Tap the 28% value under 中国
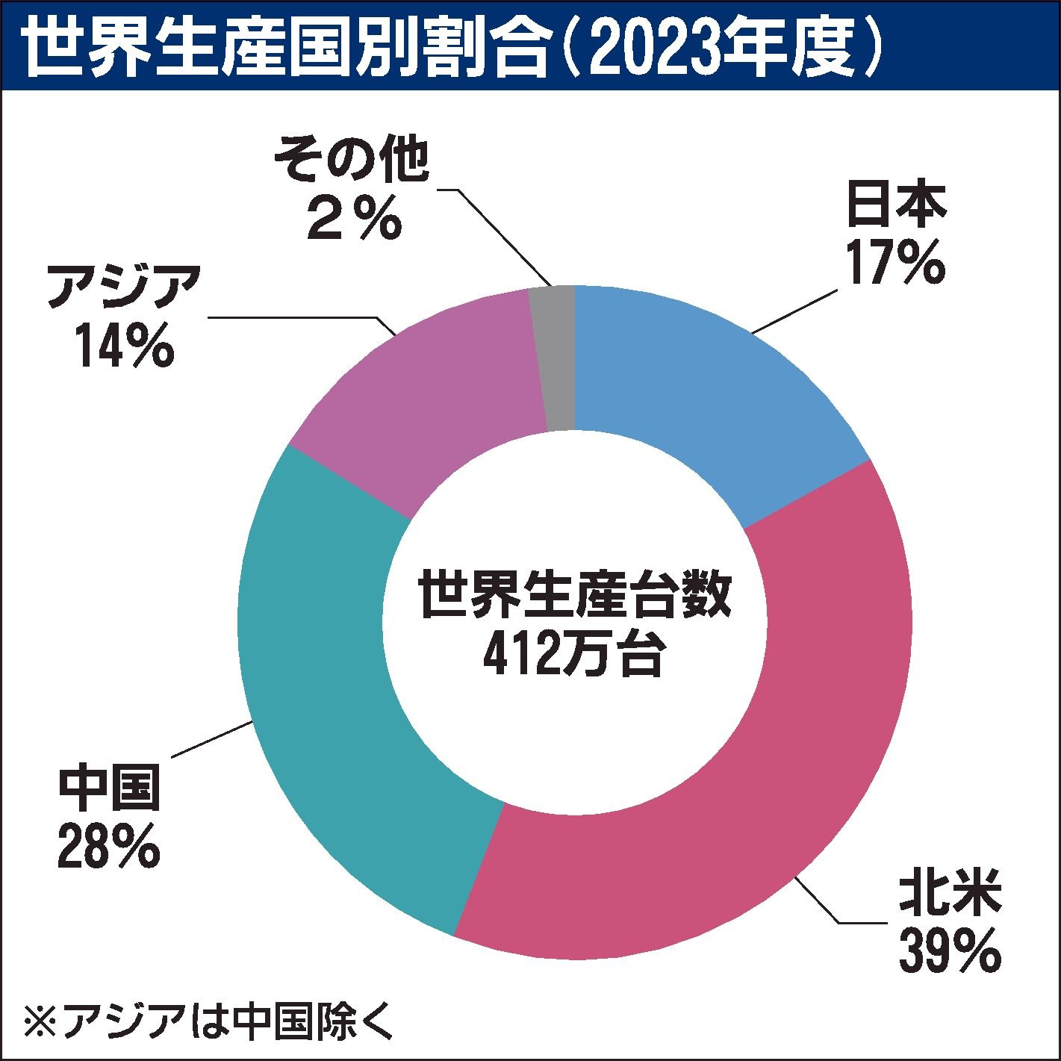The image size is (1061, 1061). (x=109, y=844)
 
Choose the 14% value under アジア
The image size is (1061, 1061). (x=124, y=345)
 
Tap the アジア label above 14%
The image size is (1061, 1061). (x=124, y=287)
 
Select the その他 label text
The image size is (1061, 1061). (x=352, y=161)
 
